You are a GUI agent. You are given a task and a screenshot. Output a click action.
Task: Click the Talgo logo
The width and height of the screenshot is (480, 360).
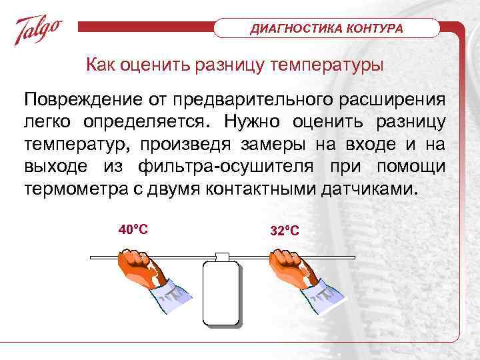[x=39, y=31]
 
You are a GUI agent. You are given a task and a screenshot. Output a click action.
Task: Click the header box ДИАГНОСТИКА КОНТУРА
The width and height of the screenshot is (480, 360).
[x=327, y=29]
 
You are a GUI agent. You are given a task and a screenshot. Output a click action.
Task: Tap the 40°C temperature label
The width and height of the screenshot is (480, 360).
[x=133, y=229]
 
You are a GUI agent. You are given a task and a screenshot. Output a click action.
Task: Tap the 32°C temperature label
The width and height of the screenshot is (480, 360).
[x=285, y=231]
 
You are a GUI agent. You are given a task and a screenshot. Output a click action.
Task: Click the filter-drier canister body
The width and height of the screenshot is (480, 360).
[x=221, y=293]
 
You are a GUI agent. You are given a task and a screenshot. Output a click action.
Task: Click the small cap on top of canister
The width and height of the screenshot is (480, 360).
[x=221, y=256]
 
